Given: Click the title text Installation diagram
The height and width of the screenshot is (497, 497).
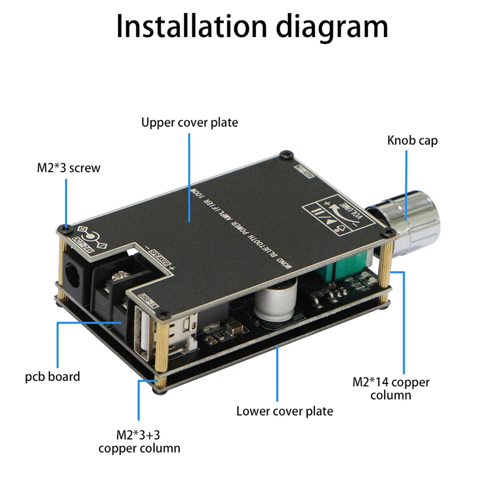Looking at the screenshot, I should [252, 27].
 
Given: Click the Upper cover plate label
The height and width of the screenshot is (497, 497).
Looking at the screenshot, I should [189, 122].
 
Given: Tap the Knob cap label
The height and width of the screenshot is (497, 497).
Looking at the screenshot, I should [412, 141].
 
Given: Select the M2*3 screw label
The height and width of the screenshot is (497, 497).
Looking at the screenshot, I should [69, 168].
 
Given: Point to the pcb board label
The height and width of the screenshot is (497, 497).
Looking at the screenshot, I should [53, 376].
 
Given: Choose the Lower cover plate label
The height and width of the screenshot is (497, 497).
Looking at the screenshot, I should [284, 411].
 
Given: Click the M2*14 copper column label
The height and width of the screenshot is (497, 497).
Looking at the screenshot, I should [391, 388].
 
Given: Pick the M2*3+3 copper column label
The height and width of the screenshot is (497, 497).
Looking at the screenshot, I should [139, 442].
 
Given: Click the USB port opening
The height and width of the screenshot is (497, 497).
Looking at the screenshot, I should [142, 331].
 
